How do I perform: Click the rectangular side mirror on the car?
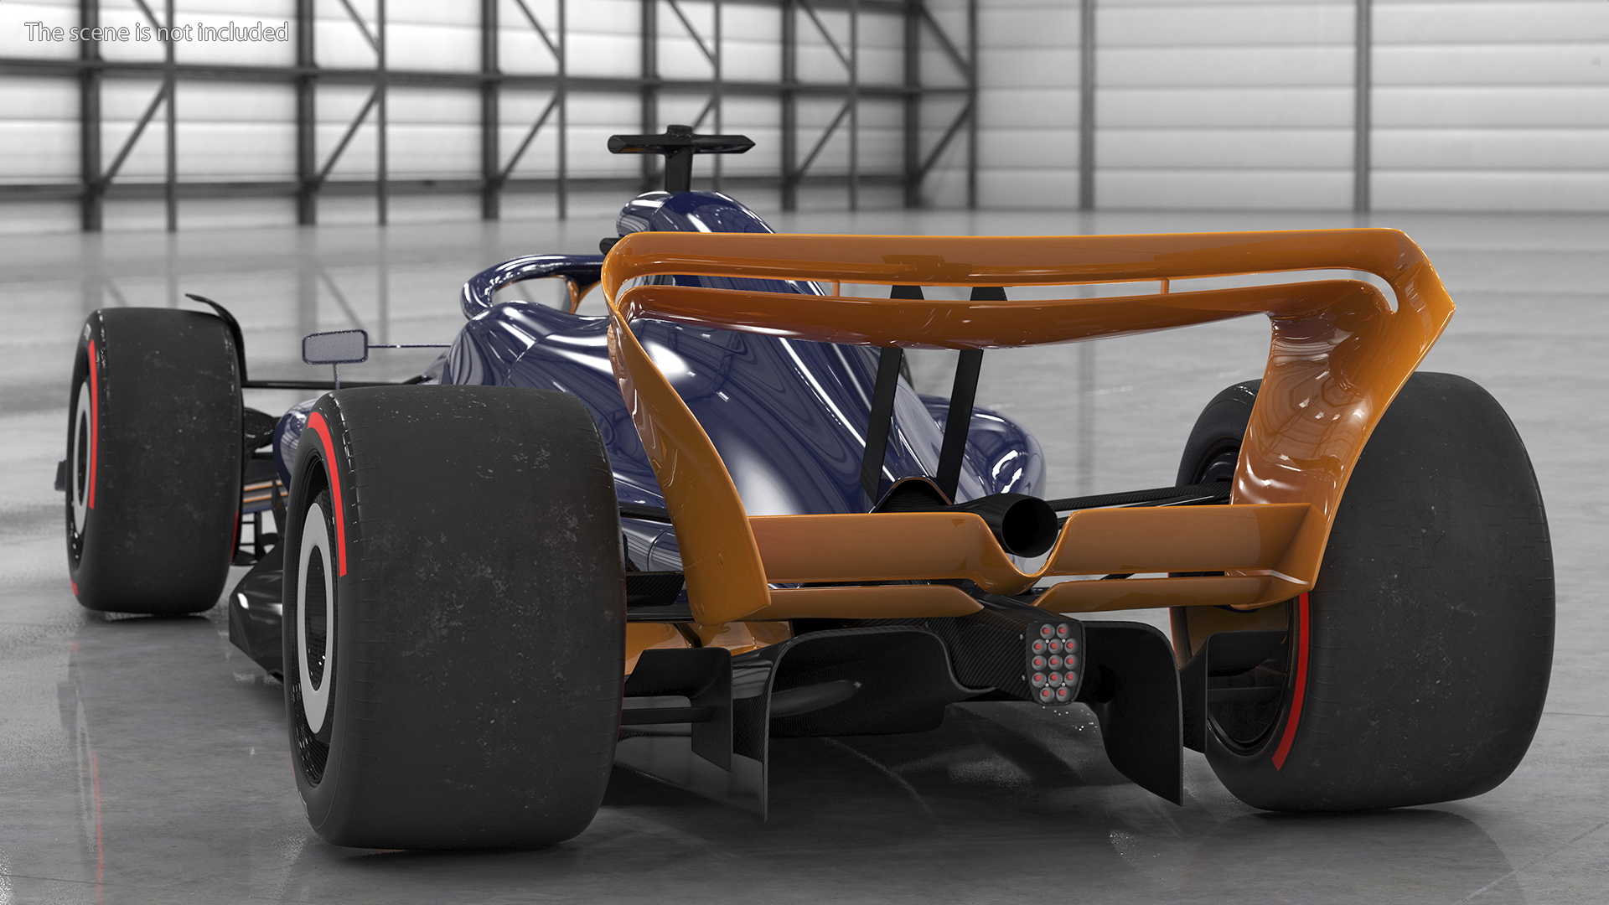[x=335, y=347]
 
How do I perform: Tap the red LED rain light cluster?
[x=1054, y=662]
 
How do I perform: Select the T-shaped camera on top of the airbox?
[x=680, y=156]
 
